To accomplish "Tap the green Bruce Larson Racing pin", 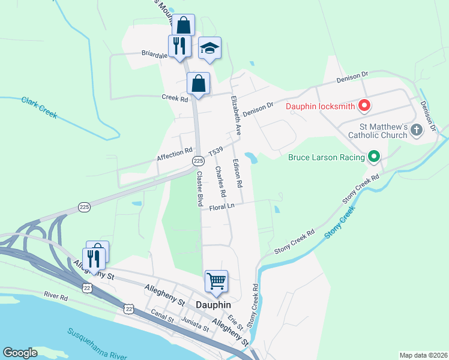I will pyautogui.click(x=374, y=157).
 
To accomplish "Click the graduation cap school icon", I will pyautogui.click(x=209, y=47).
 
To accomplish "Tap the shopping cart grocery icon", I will pyautogui.click(x=216, y=280).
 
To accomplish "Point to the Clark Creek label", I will pyautogui.click(x=39, y=107).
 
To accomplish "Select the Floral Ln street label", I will pyautogui.click(x=221, y=206).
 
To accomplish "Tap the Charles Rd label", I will pyautogui.click(x=220, y=182).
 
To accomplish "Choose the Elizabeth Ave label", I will pyautogui.click(x=236, y=115).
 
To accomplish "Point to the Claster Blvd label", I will pyautogui.click(x=199, y=188).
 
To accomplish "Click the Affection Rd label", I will pyautogui.click(x=175, y=155).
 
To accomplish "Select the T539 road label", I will pyautogui.click(x=215, y=151).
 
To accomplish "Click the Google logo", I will pyautogui.click(x=20, y=353).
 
